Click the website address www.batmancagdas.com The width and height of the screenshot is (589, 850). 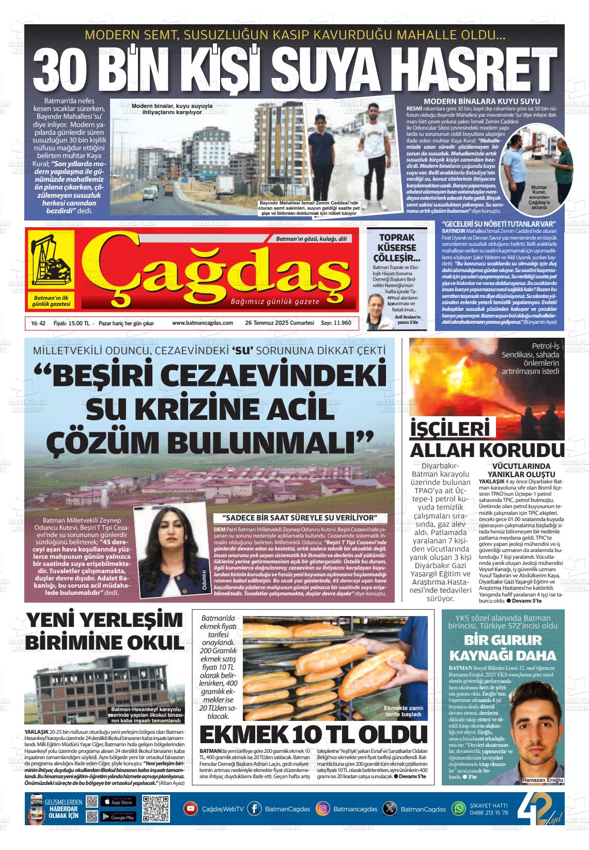pos(203,323)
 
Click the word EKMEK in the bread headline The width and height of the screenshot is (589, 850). pos(243,735)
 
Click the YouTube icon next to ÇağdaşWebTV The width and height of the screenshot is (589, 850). pos(191,809)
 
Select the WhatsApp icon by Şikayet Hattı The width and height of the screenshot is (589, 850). pos(459,809)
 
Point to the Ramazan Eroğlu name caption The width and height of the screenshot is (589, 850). pos(542,779)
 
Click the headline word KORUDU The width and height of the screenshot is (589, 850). pos(528,448)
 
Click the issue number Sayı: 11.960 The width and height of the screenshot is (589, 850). pos(336,323)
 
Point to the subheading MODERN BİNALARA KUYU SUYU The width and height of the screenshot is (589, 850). pos(482,101)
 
